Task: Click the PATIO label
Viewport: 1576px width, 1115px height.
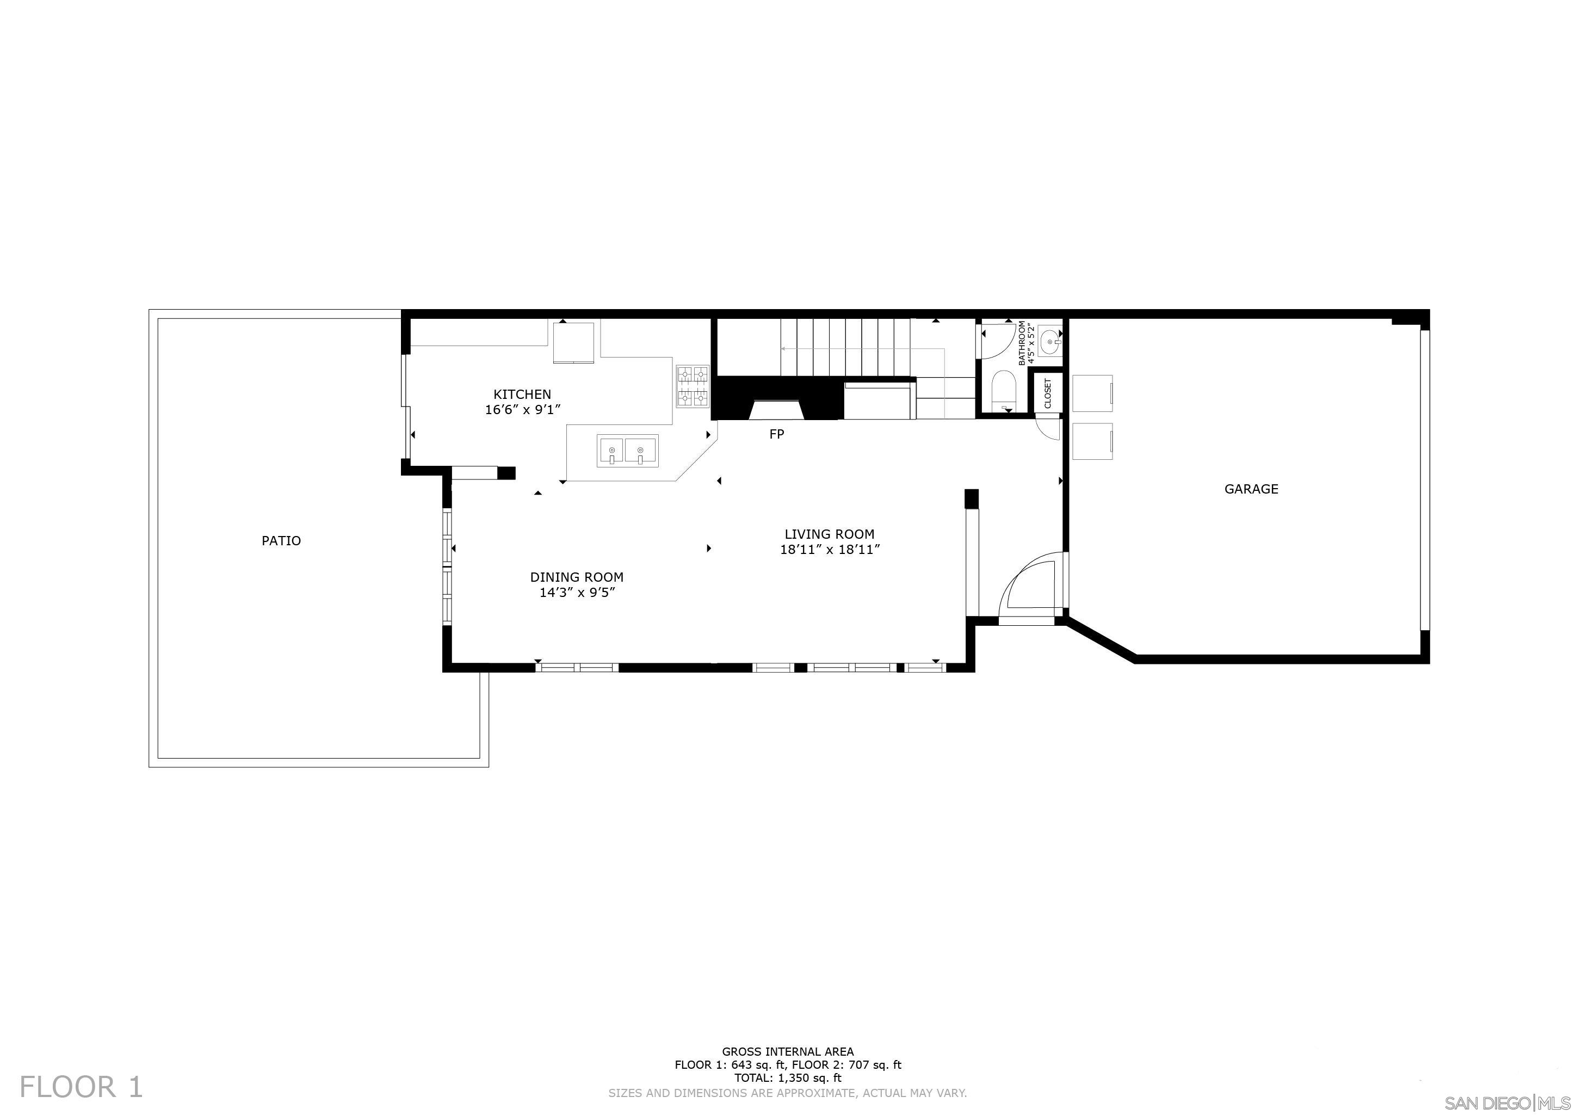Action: (x=281, y=541)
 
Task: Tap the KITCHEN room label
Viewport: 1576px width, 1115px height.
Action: (x=522, y=394)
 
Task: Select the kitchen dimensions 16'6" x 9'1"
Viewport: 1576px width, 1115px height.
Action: (x=522, y=410)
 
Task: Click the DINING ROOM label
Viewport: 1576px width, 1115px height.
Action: (x=577, y=577)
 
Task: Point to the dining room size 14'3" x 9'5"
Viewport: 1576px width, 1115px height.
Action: (x=577, y=593)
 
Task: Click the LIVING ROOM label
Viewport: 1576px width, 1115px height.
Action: (x=829, y=534)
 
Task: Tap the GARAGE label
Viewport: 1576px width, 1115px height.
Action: (x=1251, y=489)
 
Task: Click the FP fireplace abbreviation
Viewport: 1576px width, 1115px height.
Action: (x=776, y=434)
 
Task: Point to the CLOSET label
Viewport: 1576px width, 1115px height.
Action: (x=1047, y=394)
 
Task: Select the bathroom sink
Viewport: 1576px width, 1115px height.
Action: (x=1049, y=341)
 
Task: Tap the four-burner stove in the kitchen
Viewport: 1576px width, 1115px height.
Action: (x=693, y=386)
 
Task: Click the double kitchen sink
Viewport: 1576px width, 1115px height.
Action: (x=627, y=451)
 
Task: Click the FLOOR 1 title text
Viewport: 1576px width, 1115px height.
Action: (x=82, y=1087)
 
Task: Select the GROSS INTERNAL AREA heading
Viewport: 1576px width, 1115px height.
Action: (x=787, y=1051)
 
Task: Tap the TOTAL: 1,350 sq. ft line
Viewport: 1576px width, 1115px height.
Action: (x=787, y=1077)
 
